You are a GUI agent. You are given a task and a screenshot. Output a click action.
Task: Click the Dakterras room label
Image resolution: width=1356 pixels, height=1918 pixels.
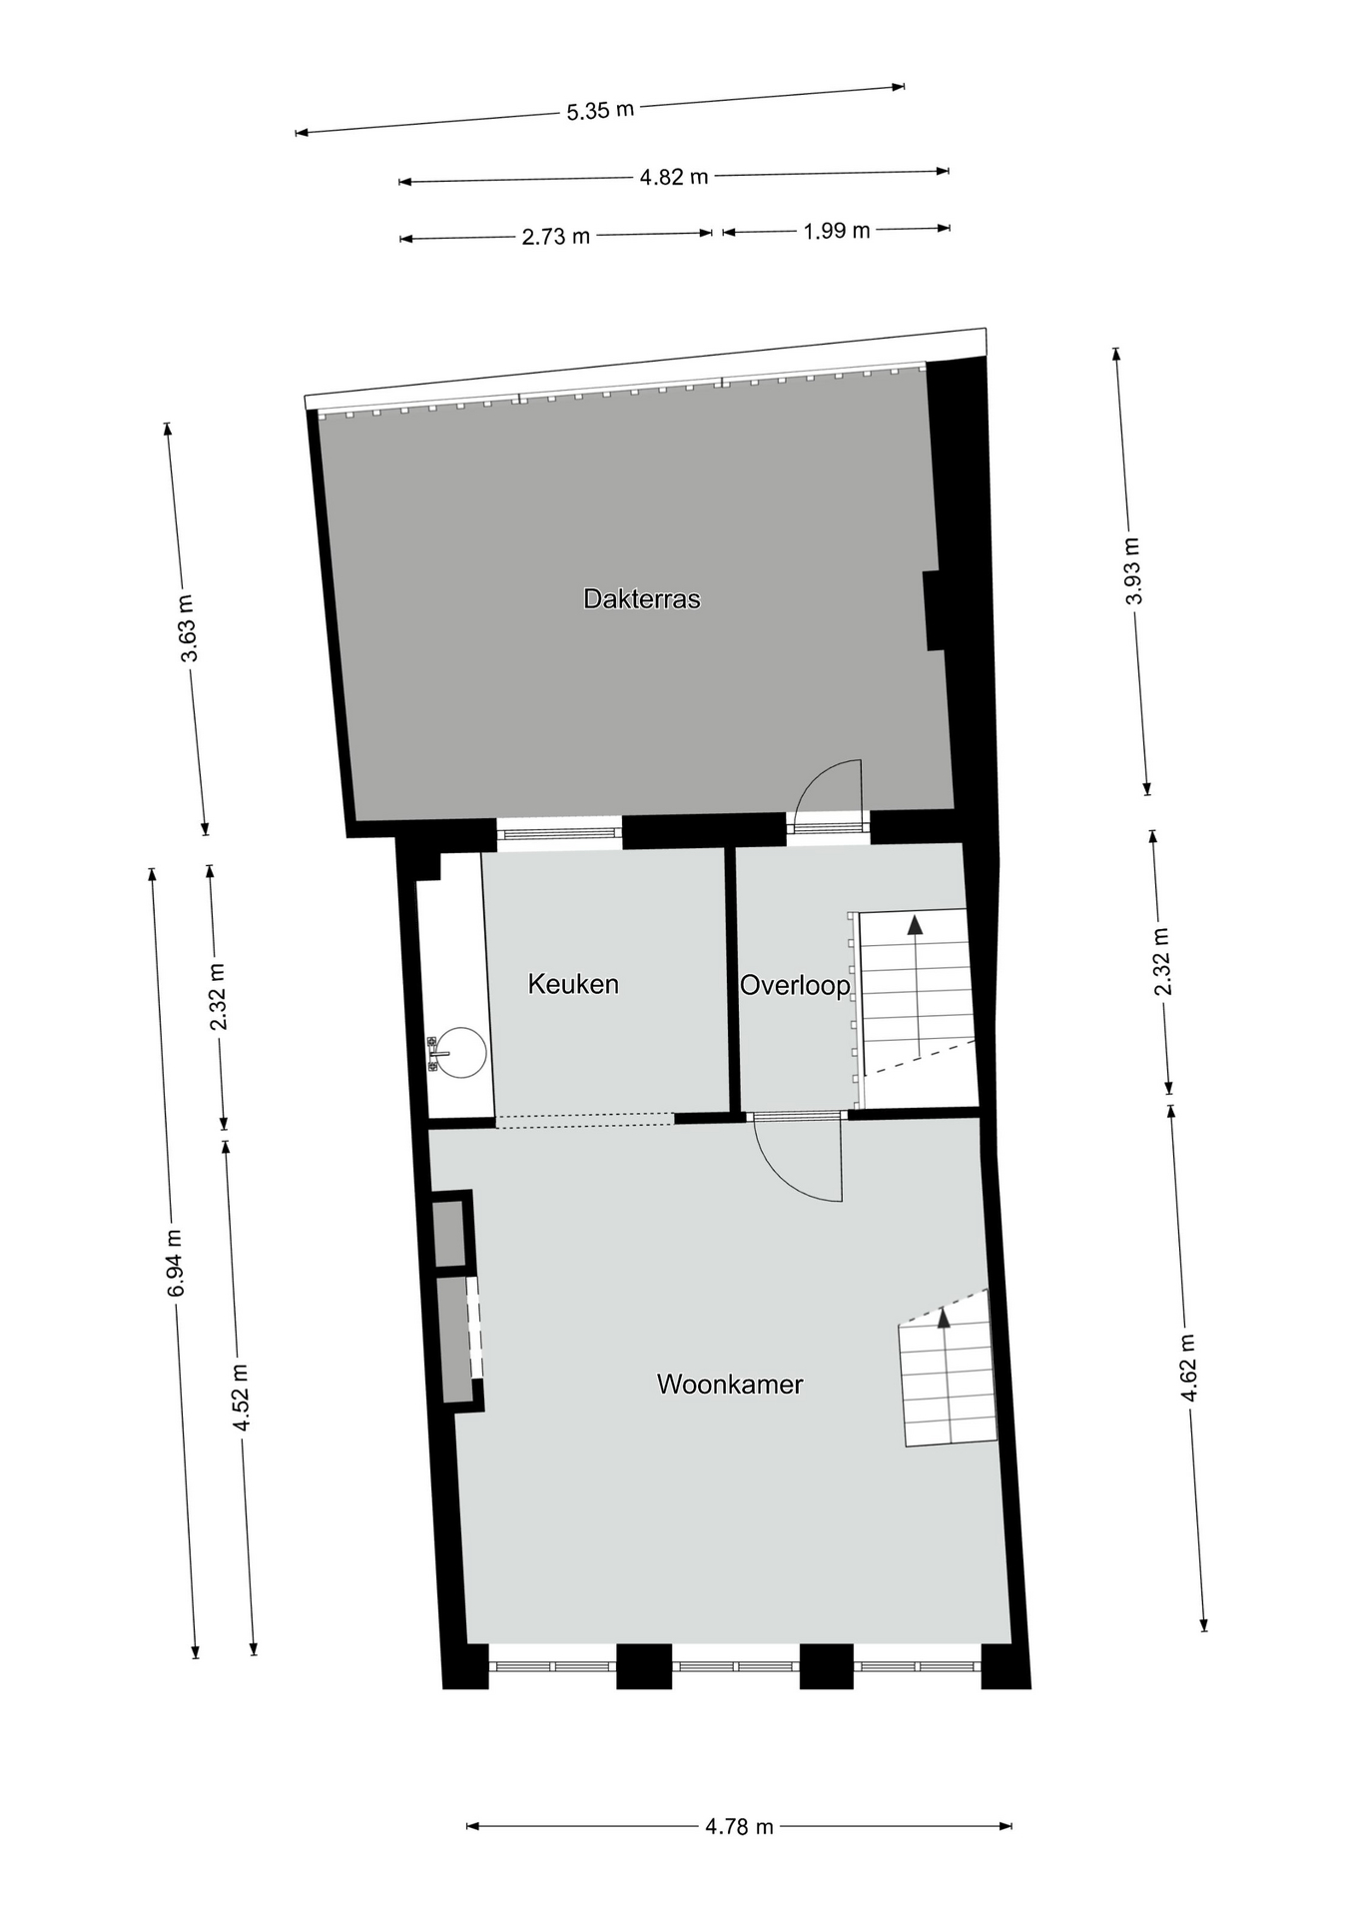(x=641, y=599)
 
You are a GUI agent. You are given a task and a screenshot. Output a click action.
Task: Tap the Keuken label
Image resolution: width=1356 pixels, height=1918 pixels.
(x=573, y=984)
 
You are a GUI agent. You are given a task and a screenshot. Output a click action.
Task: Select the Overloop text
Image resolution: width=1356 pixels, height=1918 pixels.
(x=795, y=986)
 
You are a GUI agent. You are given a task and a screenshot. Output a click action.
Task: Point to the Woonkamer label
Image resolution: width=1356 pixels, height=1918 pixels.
(x=730, y=1385)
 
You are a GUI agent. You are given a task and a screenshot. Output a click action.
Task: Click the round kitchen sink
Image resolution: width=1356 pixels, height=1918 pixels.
(x=461, y=1053)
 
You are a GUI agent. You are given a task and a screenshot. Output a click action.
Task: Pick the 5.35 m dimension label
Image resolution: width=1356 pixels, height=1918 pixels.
(x=601, y=110)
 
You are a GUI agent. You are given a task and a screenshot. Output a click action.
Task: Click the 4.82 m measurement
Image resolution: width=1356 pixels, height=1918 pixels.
(x=674, y=177)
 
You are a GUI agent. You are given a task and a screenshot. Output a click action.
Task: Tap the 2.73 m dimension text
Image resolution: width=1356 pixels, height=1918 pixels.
(x=556, y=237)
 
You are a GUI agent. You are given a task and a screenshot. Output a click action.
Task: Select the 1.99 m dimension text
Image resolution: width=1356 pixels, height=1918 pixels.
(x=837, y=231)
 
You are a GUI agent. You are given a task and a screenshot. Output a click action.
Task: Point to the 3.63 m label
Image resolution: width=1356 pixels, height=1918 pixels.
(x=188, y=627)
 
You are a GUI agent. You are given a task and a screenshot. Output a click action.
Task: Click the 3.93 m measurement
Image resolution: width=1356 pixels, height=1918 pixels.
(x=1132, y=570)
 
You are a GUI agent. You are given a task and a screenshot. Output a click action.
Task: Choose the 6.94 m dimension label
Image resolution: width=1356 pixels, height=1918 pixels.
(x=176, y=1263)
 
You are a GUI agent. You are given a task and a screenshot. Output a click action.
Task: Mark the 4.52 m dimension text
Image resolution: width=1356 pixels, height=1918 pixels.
(x=241, y=1397)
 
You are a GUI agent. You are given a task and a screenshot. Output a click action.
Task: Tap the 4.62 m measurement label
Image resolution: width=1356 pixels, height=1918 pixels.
(x=1188, y=1368)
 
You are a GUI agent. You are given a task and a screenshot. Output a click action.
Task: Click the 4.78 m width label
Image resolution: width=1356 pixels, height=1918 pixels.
(x=740, y=1826)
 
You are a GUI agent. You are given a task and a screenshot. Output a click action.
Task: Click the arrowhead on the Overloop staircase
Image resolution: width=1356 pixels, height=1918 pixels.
(x=915, y=924)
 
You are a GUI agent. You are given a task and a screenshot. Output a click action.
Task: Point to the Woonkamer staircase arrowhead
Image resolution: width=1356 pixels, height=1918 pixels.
(x=944, y=1318)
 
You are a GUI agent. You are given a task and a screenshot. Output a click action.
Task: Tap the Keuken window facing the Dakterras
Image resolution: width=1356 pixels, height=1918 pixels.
(x=560, y=833)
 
